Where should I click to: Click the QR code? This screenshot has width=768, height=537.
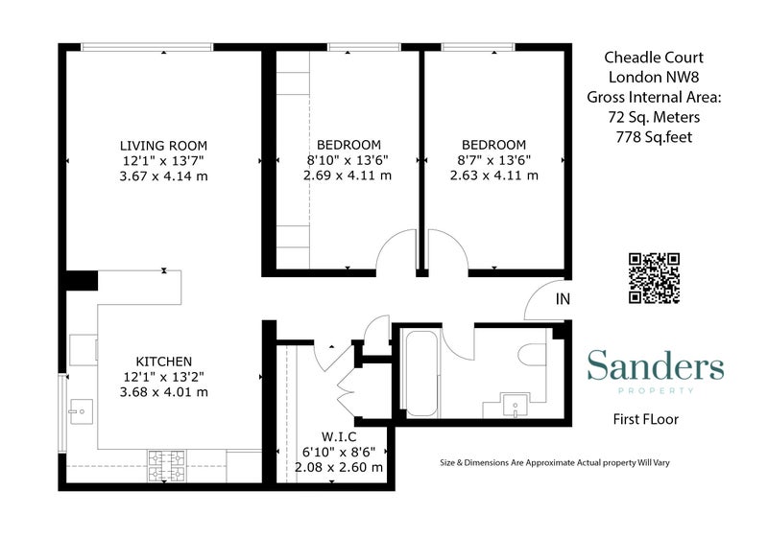click(654, 278)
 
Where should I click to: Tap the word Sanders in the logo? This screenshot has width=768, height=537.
click(656, 364)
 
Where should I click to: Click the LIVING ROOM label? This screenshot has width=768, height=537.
click(163, 146)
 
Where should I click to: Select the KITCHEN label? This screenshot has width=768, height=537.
click(163, 362)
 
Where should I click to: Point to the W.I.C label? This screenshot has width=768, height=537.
click(339, 436)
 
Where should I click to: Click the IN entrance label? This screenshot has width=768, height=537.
click(563, 298)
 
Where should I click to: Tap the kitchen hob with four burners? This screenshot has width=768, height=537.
click(166, 465)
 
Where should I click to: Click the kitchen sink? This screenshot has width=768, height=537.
click(81, 411)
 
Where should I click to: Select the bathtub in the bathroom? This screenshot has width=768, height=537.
click(421, 374)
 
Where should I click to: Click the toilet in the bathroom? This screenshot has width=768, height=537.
click(533, 354)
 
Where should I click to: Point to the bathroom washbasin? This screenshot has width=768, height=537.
click(516, 405)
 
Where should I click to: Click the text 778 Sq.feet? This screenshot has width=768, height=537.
click(654, 137)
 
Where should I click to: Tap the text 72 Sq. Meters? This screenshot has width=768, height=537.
click(654, 117)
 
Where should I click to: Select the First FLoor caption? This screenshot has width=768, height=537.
click(645, 419)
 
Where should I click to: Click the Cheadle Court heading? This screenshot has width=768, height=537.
click(654, 58)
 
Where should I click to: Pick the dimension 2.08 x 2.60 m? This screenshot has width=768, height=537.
click(339, 467)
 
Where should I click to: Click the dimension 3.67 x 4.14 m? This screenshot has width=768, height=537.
click(163, 175)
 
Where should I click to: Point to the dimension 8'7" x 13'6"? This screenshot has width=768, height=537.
click(493, 160)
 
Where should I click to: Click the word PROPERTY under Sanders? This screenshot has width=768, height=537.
click(656, 390)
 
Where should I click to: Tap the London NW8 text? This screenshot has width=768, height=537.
click(654, 77)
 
